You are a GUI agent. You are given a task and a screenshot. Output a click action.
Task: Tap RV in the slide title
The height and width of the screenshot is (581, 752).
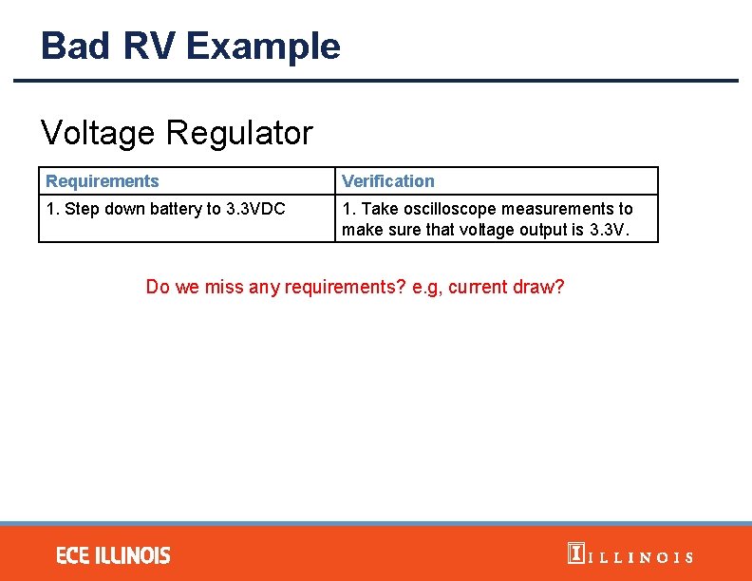[x=149, y=46]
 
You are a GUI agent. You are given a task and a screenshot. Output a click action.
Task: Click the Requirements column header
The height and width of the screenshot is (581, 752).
[x=103, y=181]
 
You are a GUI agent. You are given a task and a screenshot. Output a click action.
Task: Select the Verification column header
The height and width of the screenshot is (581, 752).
[x=387, y=181]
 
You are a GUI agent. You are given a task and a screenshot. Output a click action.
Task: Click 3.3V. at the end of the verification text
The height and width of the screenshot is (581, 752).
[x=608, y=230]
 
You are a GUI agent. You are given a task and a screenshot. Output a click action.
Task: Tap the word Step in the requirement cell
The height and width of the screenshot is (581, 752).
[x=81, y=209]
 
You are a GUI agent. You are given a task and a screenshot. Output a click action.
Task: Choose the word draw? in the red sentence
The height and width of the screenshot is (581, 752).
[x=538, y=287]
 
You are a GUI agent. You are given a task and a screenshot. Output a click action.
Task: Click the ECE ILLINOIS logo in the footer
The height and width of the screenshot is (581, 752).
[x=113, y=555]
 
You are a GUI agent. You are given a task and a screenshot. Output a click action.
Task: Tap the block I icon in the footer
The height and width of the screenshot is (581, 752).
[x=574, y=554]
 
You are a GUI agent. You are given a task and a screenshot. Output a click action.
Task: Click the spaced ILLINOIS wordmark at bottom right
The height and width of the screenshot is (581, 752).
[x=641, y=557]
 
